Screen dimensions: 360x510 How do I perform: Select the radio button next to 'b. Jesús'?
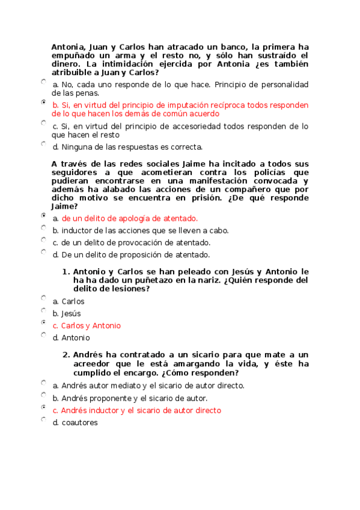[44, 310]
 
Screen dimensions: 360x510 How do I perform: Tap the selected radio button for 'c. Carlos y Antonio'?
[44, 322]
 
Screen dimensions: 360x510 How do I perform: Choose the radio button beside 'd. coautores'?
[44, 419]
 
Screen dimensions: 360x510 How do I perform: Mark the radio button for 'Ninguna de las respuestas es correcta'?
[44, 144]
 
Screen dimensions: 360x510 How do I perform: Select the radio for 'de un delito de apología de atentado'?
[44, 215]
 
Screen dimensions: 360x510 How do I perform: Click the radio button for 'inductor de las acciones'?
[44, 227]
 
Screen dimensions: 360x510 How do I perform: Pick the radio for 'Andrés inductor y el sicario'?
[44, 407]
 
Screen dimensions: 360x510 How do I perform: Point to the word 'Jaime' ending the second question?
[65, 206]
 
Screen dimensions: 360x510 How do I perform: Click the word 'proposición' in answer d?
[136, 254]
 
